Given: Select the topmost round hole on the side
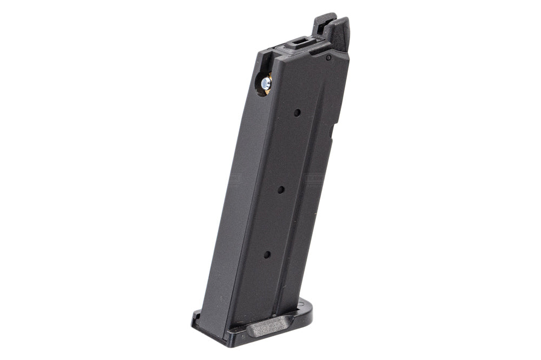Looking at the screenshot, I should click(297, 113).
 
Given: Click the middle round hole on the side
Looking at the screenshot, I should click(281, 189).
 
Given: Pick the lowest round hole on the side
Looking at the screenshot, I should click(267, 254).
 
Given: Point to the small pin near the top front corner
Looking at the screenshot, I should click(328, 57).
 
